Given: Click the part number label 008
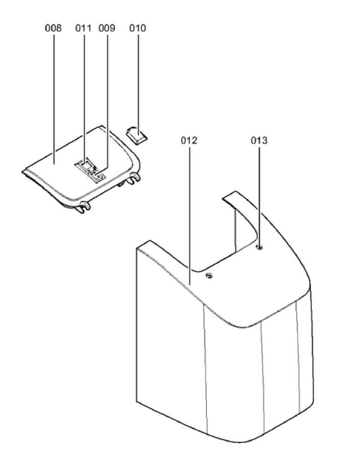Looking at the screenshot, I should click(x=53, y=28).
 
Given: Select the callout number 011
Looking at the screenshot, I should click(x=83, y=28).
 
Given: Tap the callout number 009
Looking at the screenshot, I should click(x=107, y=28).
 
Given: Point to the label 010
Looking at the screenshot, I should click(x=137, y=28).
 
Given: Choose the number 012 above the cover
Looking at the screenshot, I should click(x=189, y=140).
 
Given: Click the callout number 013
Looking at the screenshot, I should click(x=259, y=140).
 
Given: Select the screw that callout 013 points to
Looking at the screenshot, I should click(x=259, y=248).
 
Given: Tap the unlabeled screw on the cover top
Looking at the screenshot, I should click(x=208, y=276).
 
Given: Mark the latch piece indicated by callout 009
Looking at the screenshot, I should click(x=99, y=175).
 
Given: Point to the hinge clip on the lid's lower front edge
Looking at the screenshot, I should click(x=83, y=206).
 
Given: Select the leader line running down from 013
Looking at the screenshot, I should click(x=259, y=194).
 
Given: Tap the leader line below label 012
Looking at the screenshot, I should click(x=189, y=214).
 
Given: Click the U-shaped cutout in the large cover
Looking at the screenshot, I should click(x=240, y=225).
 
